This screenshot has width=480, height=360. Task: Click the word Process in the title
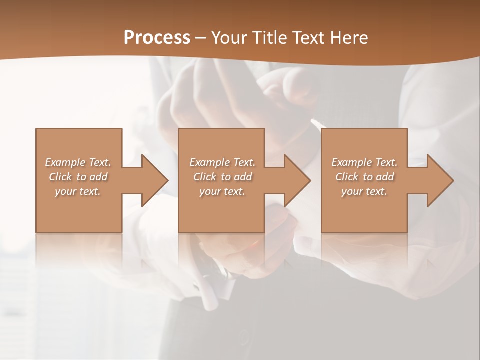(x=157, y=37)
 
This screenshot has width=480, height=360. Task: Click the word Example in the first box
(x=65, y=162)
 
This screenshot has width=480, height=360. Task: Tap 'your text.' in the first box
(x=78, y=191)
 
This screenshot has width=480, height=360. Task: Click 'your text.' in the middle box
(x=222, y=191)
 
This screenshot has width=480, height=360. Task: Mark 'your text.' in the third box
(x=364, y=191)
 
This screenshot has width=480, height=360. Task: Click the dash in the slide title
(x=201, y=38)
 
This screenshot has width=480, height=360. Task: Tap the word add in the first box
(x=98, y=177)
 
